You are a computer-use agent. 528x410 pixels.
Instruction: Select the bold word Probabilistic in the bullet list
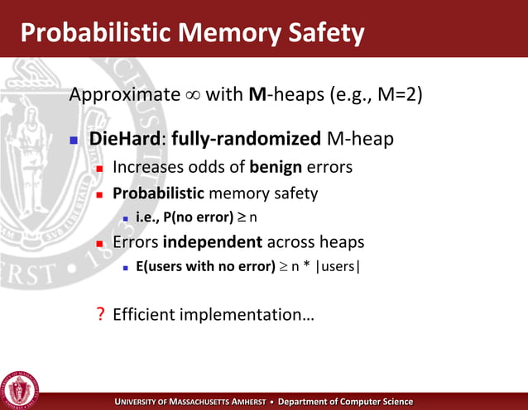(157, 193)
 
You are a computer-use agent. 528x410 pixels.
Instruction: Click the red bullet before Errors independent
(98, 244)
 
